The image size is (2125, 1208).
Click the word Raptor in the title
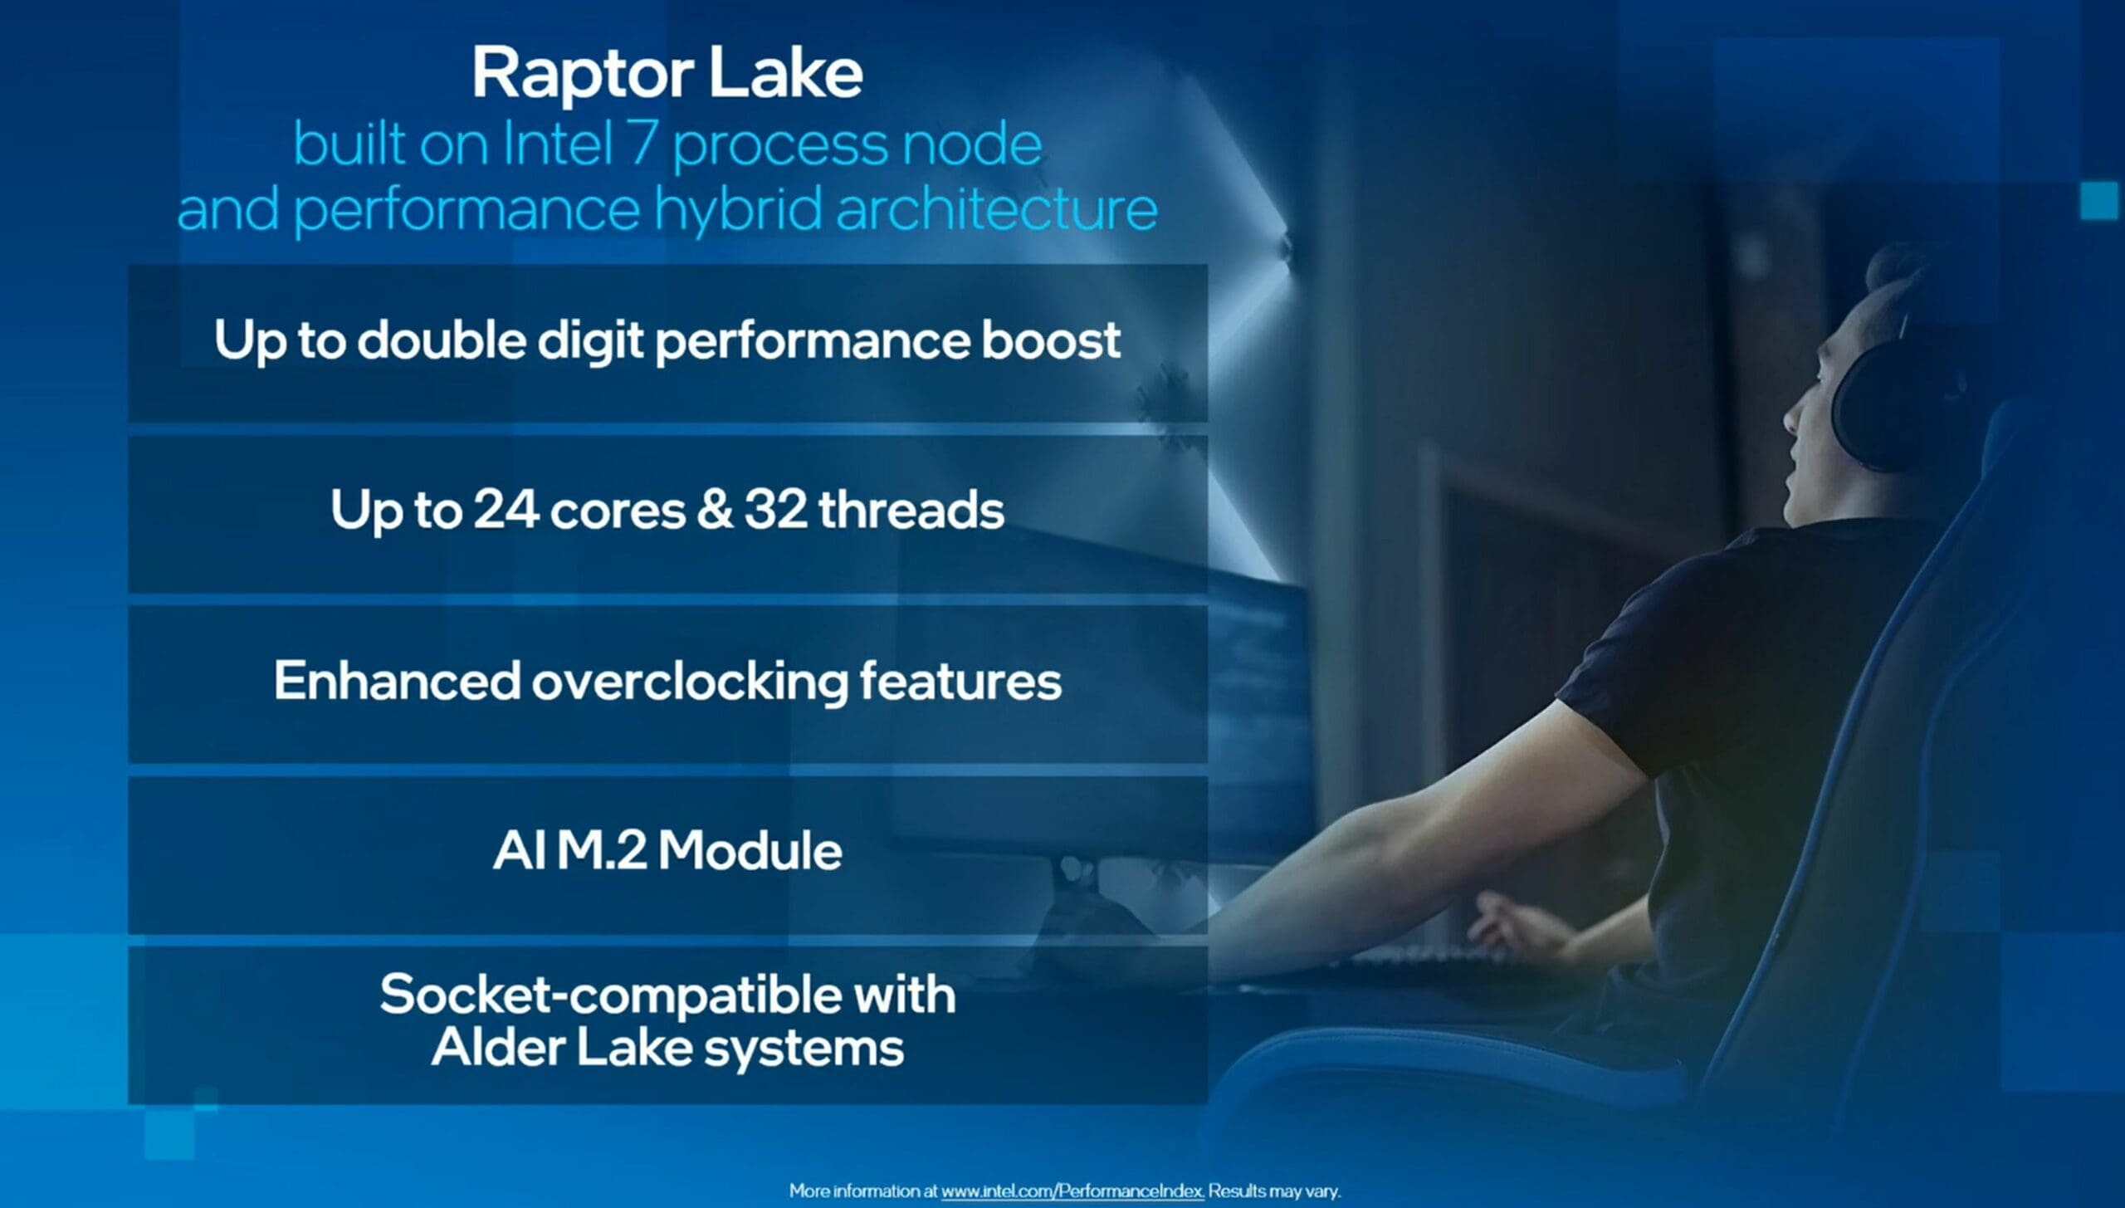click(x=579, y=75)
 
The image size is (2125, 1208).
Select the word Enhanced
click(x=397, y=681)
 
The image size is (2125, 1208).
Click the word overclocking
click(x=690, y=681)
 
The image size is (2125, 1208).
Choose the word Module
click(x=750, y=851)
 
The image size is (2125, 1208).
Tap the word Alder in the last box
click(x=497, y=1047)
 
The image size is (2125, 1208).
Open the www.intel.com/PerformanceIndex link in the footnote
click(x=1072, y=1191)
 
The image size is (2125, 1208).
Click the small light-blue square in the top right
click(x=2100, y=200)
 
